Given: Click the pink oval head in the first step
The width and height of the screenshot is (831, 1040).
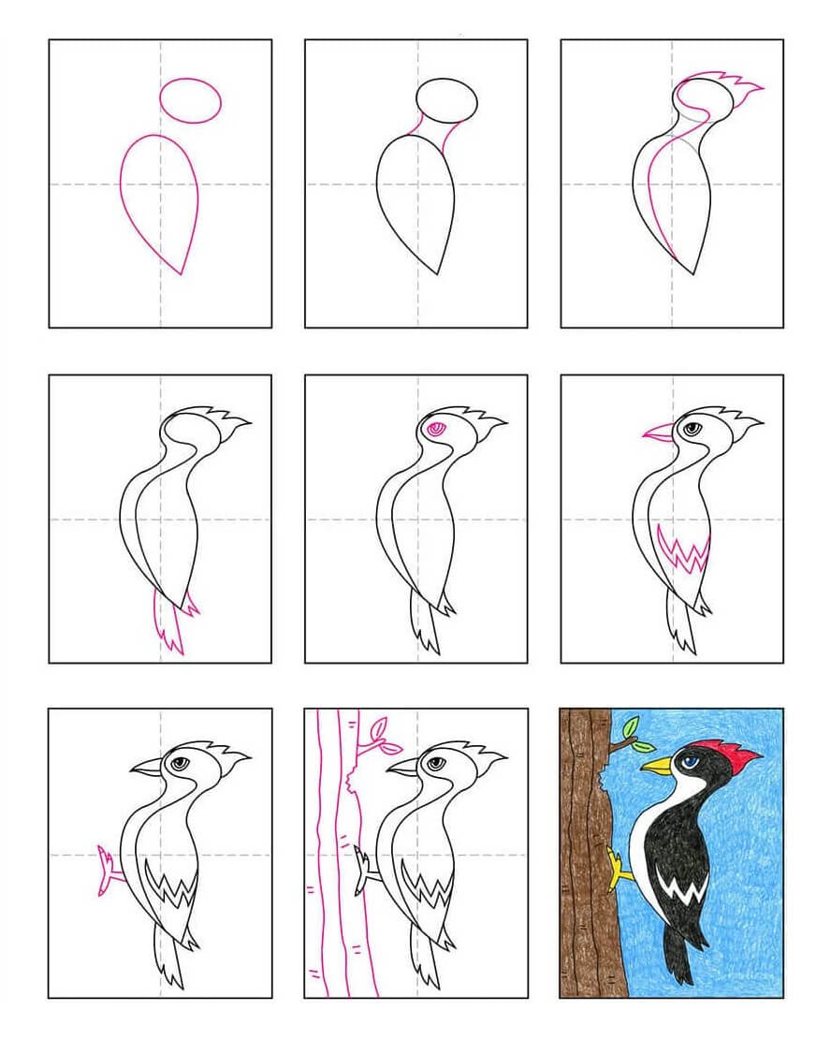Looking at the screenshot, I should (191, 100).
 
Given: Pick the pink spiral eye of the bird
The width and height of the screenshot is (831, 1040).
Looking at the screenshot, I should (434, 429).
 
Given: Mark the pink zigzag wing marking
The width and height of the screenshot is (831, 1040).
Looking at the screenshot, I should (683, 553).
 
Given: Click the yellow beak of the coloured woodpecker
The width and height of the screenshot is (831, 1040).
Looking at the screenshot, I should (658, 767).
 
